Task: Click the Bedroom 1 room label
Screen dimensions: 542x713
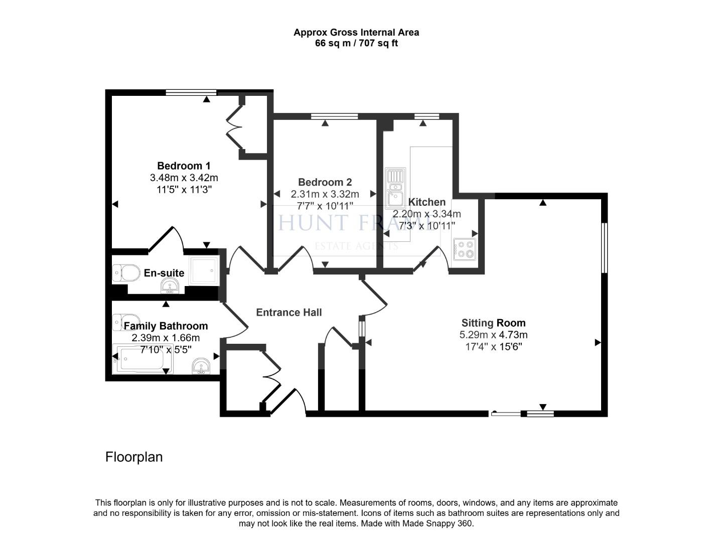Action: [x=184, y=166]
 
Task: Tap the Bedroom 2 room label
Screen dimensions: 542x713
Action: [x=325, y=183]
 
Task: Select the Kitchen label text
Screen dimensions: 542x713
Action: [x=426, y=202]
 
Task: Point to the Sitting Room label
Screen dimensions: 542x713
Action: [x=493, y=323]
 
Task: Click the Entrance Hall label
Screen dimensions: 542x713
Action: [x=289, y=313]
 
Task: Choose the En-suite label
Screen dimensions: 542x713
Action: [x=164, y=273]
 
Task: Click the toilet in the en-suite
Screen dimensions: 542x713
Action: [x=126, y=273]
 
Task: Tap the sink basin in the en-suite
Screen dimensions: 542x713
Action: [x=170, y=287]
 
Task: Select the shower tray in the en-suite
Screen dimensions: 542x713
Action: [x=204, y=270]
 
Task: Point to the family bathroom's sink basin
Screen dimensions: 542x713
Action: [x=202, y=366]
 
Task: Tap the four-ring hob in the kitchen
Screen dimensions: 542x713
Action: [x=464, y=248]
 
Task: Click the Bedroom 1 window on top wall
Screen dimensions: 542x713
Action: [x=191, y=92]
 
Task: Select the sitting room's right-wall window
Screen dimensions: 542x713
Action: [x=604, y=248]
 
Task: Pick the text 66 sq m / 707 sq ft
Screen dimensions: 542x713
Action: [x=356, y=43]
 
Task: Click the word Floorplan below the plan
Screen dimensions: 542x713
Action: [x=134, y=457]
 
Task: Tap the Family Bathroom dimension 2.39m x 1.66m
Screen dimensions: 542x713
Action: [x=166, y=338]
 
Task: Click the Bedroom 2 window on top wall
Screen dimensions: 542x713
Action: [x=334, y=116]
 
